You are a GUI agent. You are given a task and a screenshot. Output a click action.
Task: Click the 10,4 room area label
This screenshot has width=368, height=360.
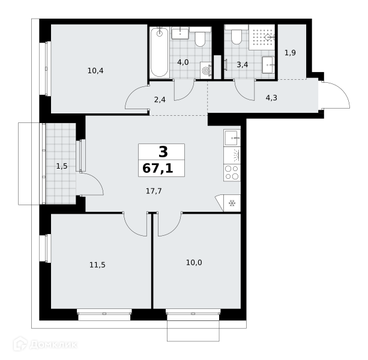point(95,71)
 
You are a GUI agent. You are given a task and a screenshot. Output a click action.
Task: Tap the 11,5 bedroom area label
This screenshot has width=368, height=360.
point(97,265)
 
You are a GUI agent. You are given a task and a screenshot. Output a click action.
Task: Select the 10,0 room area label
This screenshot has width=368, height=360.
point(194,263)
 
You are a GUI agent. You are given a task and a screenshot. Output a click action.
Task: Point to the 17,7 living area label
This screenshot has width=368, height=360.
point(154,191)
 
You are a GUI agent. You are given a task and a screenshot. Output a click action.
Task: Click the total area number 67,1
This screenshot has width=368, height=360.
point(158,169)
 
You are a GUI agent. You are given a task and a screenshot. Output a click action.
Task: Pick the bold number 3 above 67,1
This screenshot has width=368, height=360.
point(163,152)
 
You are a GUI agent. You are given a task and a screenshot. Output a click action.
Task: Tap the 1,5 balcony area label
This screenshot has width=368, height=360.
point(62,166)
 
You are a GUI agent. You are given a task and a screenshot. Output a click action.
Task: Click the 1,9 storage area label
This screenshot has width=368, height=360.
point(290,53)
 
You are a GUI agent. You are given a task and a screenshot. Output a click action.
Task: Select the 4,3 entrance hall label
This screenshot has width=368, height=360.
point(271,98)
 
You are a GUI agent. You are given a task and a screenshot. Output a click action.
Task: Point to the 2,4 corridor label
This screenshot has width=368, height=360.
point(160,100)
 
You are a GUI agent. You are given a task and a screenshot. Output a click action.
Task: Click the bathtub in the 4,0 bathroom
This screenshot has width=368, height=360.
point(159,53)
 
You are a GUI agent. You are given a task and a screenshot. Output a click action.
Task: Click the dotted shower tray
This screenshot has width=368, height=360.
point(262,37)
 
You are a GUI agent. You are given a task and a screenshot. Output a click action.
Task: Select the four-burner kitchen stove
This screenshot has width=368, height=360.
point(232,173)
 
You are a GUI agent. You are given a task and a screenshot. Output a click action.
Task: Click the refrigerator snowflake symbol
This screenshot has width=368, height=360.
point(232,203)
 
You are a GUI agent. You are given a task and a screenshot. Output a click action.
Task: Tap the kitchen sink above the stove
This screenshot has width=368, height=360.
point(232,138)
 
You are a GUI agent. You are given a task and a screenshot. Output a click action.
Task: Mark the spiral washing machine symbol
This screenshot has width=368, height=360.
point(206,70)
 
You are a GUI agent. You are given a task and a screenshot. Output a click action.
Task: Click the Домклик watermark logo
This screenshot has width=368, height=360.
point(45,344)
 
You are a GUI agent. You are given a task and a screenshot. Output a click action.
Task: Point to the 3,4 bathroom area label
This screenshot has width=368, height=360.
point(242,64)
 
